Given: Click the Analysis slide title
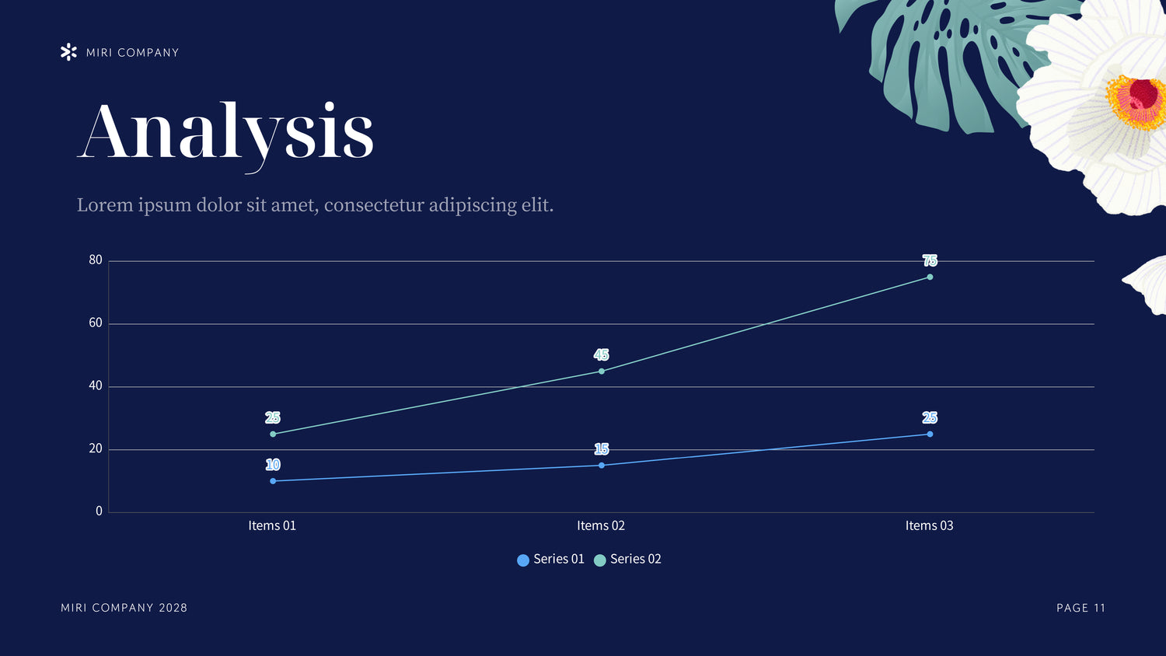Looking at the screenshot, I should click(x=226, y=132).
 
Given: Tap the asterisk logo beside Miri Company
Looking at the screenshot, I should click(x=68, y=52).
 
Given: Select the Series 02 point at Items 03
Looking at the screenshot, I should click(x=930, y=277).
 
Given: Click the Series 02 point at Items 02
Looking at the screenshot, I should click(x=601, y=372).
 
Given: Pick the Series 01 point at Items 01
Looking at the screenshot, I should click(x=273, y=481).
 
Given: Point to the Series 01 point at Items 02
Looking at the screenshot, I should click(x=601, y=466).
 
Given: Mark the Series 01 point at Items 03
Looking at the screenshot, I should click(x=930, y=434).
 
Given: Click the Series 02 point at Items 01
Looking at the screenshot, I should click(x=273, y=434).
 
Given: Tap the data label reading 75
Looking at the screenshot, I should click(x=930, y=260).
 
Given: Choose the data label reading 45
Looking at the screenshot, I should click(x=601, y=354).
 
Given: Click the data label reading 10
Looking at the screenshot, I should click(x=273, y=465).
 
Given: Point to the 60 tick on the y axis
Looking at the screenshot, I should click(x=96, y=323).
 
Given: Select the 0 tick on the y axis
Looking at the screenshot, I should click(x=99, y=511).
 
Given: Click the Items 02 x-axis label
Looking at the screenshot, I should click(x=601, y=525).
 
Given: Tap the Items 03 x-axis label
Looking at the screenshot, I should click(x=929, y=525).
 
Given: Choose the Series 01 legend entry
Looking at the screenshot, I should click(x=550, y=559).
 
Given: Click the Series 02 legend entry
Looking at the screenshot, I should click(x=627, y=559).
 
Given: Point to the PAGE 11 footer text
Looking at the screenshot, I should click(x=1080, y=608).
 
